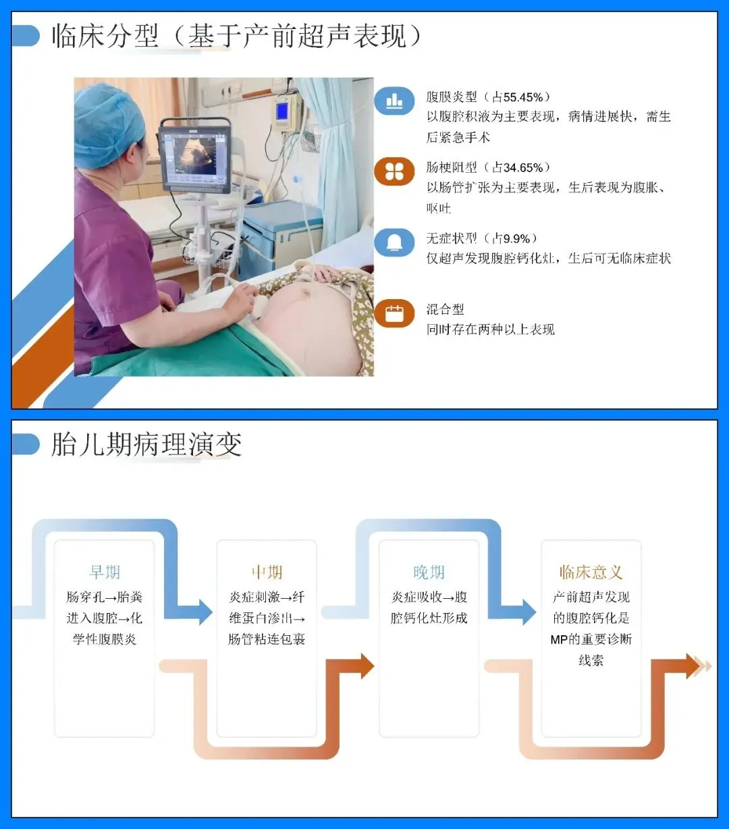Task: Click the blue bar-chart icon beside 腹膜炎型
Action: click(x=394, y=100)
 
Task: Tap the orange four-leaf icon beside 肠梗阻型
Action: click(x=394, y=171)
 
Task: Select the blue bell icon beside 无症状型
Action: click(x=394, y=242)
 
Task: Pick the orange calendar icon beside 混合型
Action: click(x=394, y=313)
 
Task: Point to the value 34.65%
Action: click(x=523, y=168)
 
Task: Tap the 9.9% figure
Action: click(x=516, y=238)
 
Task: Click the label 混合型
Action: click(x=445, y=309)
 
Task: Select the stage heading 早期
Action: click(x=105, y=572)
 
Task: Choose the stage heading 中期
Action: click(x=267, y=572)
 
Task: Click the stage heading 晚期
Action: click(x=429, y=572)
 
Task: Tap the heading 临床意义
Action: click(x=591, y=572)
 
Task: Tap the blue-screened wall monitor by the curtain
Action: click(x=283, y=111)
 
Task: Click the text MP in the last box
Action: click(x=559, y=639)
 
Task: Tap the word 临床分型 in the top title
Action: click(x=105, y=36)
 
